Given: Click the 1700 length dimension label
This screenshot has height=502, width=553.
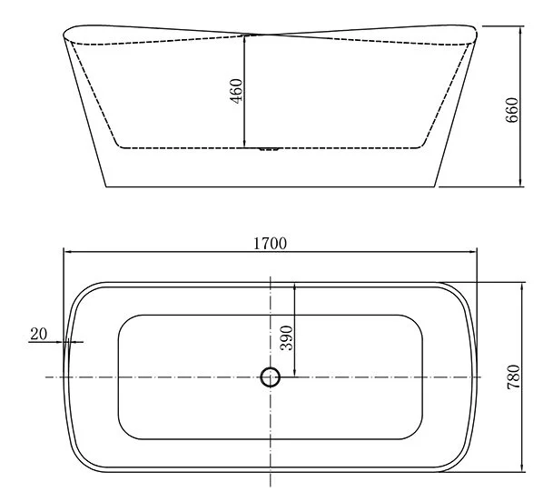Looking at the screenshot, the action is pyautogui.click(x=271, y=244).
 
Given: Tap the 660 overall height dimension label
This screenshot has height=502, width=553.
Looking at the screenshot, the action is pyautogui.click(x=512, y=110).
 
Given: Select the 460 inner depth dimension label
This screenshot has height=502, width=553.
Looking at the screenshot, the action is pyautogui.click(x=236, y=91).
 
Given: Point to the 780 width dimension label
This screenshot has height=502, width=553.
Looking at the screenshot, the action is pyautogui.click(x=514, y=376).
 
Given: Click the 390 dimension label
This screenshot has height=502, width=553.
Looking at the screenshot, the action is pyautogui.click(x=286, y=338).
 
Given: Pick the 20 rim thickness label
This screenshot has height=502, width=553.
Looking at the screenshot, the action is pyautogui.click(x=38, y=334).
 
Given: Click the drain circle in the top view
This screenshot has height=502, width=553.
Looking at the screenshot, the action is pyautogui.click(x=271, y=377).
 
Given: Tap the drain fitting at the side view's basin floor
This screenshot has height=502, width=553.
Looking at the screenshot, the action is pyautogui.click(x=270, y=149).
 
